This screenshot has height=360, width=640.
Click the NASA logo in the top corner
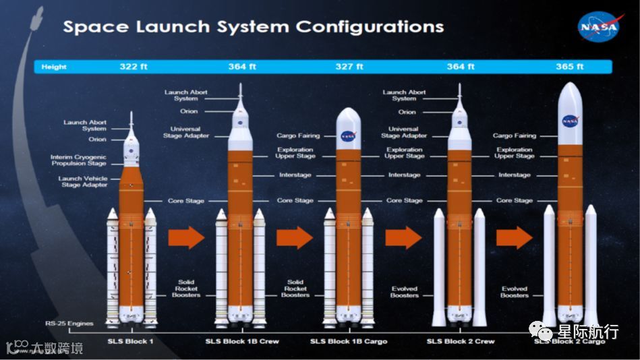tap(598, 27)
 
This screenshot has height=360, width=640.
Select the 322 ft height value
tap(134, 67)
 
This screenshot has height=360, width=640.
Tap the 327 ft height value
tap(349, 67)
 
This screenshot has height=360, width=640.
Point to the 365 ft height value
tap(570, 67)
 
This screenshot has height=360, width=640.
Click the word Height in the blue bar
tap(54, 67)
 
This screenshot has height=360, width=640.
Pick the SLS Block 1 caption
tap(131, 342)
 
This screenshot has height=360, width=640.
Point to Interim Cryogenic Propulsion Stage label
tap(79, 160)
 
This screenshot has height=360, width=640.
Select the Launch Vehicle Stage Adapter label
tap(83, 181)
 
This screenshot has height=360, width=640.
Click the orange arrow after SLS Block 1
tap(185, 237)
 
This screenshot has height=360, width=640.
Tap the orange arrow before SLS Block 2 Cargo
tap(514, 237)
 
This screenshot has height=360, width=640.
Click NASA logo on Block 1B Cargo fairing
tap(347, 135)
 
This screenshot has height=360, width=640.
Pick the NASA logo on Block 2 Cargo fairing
tap(570, 121)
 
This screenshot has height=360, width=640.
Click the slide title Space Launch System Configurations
tap(253, 27)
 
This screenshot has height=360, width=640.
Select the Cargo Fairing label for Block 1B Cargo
tap(297, 136)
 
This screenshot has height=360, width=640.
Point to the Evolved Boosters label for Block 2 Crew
tap(405, 292)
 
